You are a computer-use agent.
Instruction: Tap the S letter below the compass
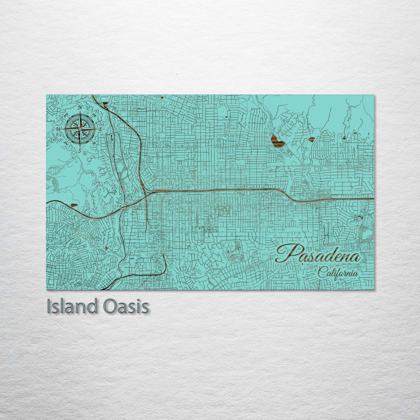[x=80, y=151]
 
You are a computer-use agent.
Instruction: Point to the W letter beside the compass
[x=58, y=129]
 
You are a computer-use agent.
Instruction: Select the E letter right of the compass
[x=101, y=129]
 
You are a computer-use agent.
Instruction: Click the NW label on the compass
[x=66, y=115]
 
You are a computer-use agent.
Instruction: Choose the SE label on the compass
[x=94, y=143]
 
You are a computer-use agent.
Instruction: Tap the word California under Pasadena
[x=338, y=274]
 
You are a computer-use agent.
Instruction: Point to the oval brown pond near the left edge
[x=75, y=205]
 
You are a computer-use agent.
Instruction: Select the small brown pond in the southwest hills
[x=107, y=248]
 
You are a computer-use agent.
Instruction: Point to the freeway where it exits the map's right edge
[x=372, y=199]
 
